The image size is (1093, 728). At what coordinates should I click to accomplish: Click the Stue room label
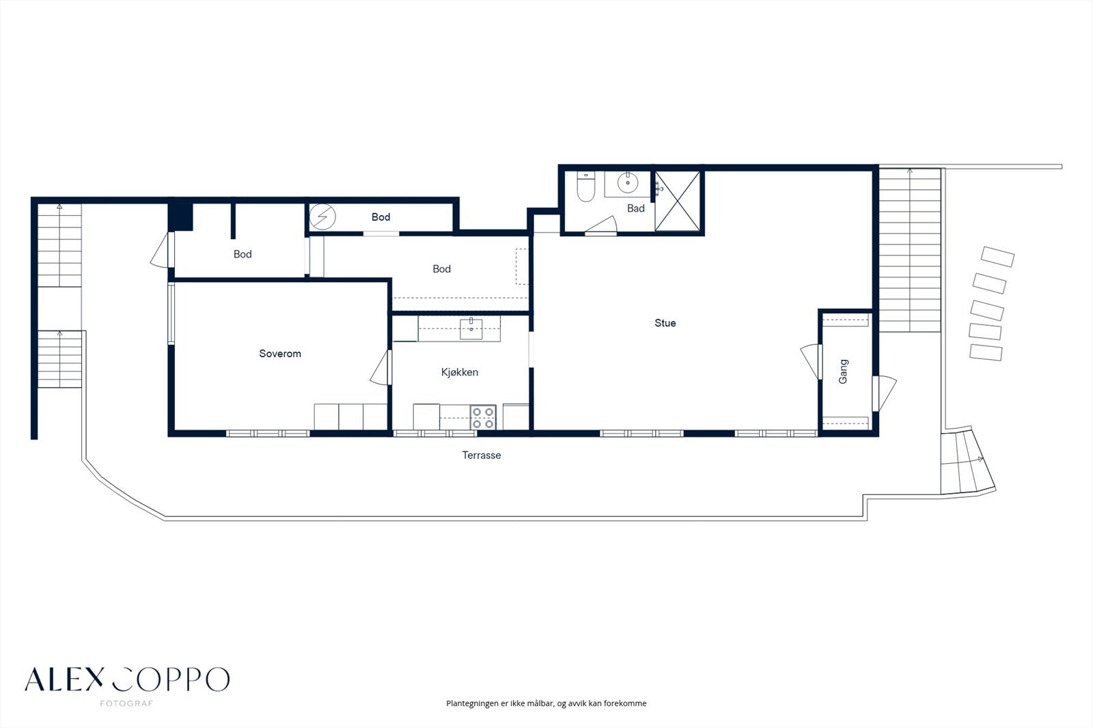(x=665, y=323)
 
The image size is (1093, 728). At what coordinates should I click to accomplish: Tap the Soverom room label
(x=280, y=354)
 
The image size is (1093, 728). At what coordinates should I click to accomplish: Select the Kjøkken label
(x=460, y=372)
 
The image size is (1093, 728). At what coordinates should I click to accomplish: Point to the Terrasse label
(x=482, y=456)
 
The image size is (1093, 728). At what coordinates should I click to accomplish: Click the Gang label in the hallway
(x=843, y=372)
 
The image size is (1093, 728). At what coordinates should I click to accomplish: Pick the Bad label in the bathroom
(x=636, y=208)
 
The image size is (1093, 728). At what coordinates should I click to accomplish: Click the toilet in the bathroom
(x=585, y=186)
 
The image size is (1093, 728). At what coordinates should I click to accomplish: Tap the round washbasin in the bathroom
(x=628, y=183)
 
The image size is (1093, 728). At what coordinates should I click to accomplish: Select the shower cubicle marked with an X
(x=677, y=201)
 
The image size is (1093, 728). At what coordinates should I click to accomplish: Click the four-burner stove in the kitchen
(x=483, y=418)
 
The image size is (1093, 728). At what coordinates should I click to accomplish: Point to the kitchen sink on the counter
(x=471, y=328)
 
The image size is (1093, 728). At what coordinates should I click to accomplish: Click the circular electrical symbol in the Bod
(x=322, y=216)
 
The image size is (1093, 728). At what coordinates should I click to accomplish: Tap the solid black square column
(x=181, y=216)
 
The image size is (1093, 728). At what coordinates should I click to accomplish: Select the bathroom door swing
(x=601, y=225)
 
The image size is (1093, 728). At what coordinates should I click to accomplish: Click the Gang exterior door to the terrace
(x=884, y=393)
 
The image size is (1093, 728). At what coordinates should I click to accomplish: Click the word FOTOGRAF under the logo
(x=126, y=703)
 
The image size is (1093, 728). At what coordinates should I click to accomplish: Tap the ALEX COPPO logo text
(x=127, y=680)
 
